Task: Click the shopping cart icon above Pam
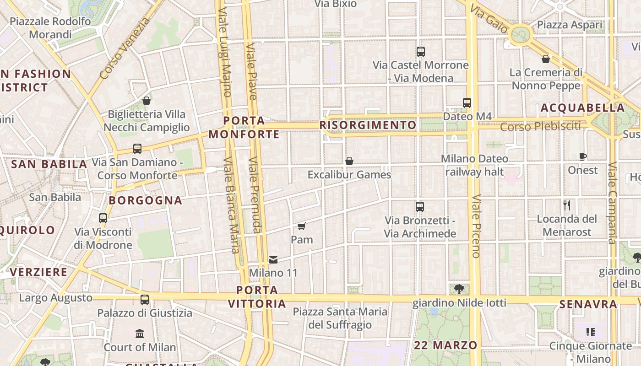301,226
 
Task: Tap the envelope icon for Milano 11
273,260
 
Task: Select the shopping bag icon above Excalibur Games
349,161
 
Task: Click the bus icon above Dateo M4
467,103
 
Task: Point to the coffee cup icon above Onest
582,156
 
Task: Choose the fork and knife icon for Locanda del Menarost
567,205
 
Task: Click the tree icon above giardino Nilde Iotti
459,289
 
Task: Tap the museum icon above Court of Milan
140,334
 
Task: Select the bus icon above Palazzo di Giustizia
145,300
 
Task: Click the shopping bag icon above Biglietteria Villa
147,101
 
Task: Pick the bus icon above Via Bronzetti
420,207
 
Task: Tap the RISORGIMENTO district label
368,125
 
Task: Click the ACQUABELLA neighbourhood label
582,108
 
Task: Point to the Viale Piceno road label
476,226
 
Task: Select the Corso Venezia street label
125,48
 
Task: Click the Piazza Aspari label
570,25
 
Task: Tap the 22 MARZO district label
445,345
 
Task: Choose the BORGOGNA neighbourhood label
146,200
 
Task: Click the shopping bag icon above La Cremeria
546,59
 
